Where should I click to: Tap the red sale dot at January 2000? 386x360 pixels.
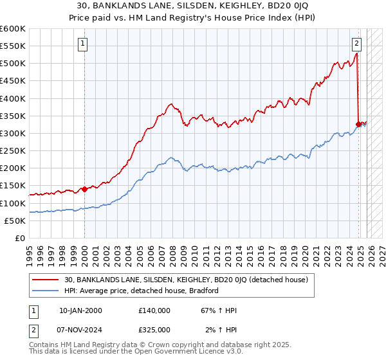click(84, 189)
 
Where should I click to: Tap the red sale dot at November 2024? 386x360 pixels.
click(358, 124)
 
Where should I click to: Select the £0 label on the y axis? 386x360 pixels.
click(21, 238)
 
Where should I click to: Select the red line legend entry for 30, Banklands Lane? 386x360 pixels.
click(187, 280)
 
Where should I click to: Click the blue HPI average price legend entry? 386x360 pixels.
click(142, 291)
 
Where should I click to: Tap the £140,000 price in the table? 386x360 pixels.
click(154, 310)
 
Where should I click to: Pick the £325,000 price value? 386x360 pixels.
click(154, 329)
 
